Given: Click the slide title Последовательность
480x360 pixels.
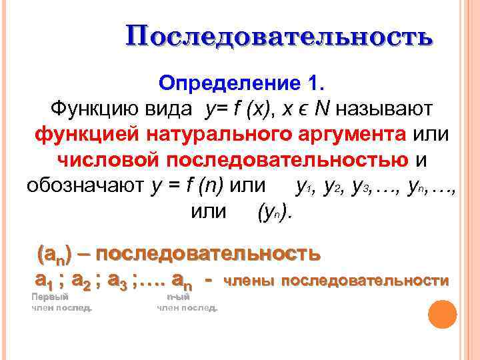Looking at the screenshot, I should point(279,37).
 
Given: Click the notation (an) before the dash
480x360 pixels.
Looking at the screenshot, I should point(56,254).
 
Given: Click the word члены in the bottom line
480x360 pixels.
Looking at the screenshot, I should point(250,281).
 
